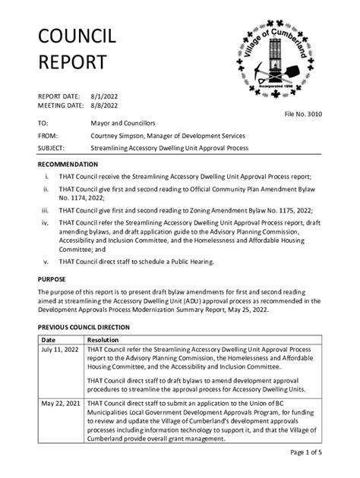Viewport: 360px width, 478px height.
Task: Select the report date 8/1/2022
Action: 106,96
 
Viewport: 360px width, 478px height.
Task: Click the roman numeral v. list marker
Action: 46,262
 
